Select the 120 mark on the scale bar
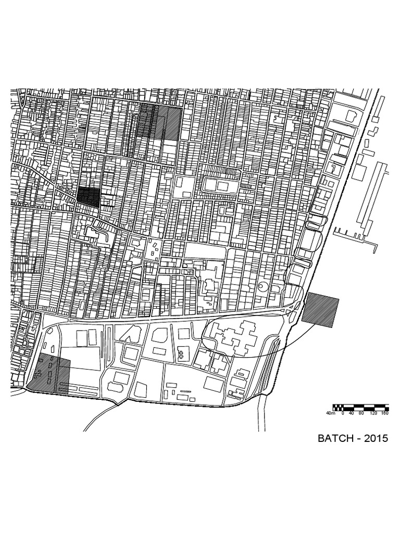coord(373,413)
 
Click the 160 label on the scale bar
coord(385,413)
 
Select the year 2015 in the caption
coord(377,438)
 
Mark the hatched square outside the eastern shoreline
coord(321,310)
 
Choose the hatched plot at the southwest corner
coord(48,374)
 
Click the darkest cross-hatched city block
coord(88,196)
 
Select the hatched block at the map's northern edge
coord(160,121)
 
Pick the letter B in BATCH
coord(321,438)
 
